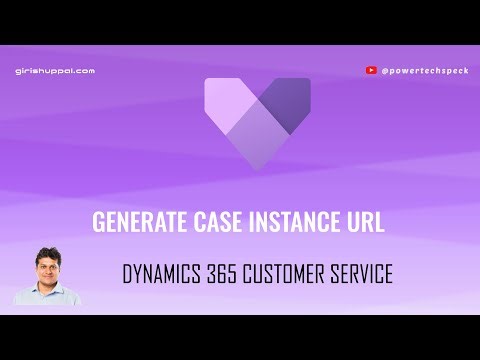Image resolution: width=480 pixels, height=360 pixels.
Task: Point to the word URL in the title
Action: click(x=365, y=222)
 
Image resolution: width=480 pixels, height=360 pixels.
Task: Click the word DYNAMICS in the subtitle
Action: click(x=166, y=274)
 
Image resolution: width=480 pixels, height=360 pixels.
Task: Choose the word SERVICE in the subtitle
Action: click(x=363, y=274)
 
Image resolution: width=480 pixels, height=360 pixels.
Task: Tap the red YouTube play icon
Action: click(x=372, y=70)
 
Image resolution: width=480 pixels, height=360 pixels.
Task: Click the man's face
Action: click(x=48, y=271)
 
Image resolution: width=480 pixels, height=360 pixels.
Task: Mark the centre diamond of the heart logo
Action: click(x=257, y=128)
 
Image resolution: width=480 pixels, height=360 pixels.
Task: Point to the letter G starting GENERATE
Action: click(x=98, y=222)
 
